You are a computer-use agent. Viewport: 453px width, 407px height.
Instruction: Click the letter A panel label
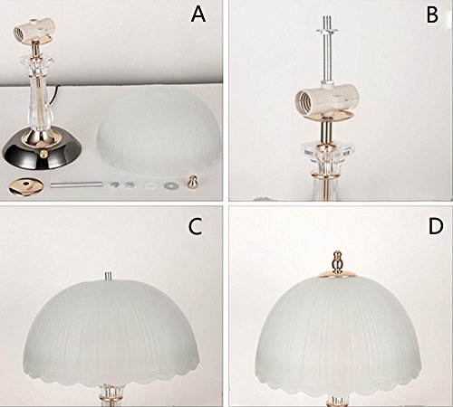pyautogui.click(x=198, y=14)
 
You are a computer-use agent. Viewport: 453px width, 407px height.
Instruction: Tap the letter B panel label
pyautogui.click(x=432, y=14)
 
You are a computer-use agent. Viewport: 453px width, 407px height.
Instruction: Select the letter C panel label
pyautogui.click(x=195, y=226)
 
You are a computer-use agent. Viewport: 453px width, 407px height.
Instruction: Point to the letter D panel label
pyautogui.click(x=436, y=226)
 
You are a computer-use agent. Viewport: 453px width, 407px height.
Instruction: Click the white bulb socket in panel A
pyautogui.click(x=34, y=30)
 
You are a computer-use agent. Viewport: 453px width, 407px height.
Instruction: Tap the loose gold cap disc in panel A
pyautogui.click(x=25, y=187)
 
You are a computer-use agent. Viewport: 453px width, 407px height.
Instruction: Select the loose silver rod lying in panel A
pyautogui.click(x=76, y=185)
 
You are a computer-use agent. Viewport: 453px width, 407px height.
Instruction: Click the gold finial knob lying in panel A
pyautogui.click(x=191, y=183)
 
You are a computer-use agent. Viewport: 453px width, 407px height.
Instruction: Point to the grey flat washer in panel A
pyautogui.click(x=170, y=185)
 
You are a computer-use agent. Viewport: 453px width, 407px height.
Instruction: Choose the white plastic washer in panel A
pyautogui.click(x=150, y=185)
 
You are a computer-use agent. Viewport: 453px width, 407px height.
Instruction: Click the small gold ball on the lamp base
pyautogui.click(x=44, y=154)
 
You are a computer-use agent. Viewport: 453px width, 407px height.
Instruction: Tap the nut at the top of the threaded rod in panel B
pyautogui.click(x=328, y=31)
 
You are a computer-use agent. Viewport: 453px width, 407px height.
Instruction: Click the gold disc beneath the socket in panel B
pyautogui.click(x=336, y=116)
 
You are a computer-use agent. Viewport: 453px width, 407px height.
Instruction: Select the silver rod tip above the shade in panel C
pyautogui.click(x=109, y=276)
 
